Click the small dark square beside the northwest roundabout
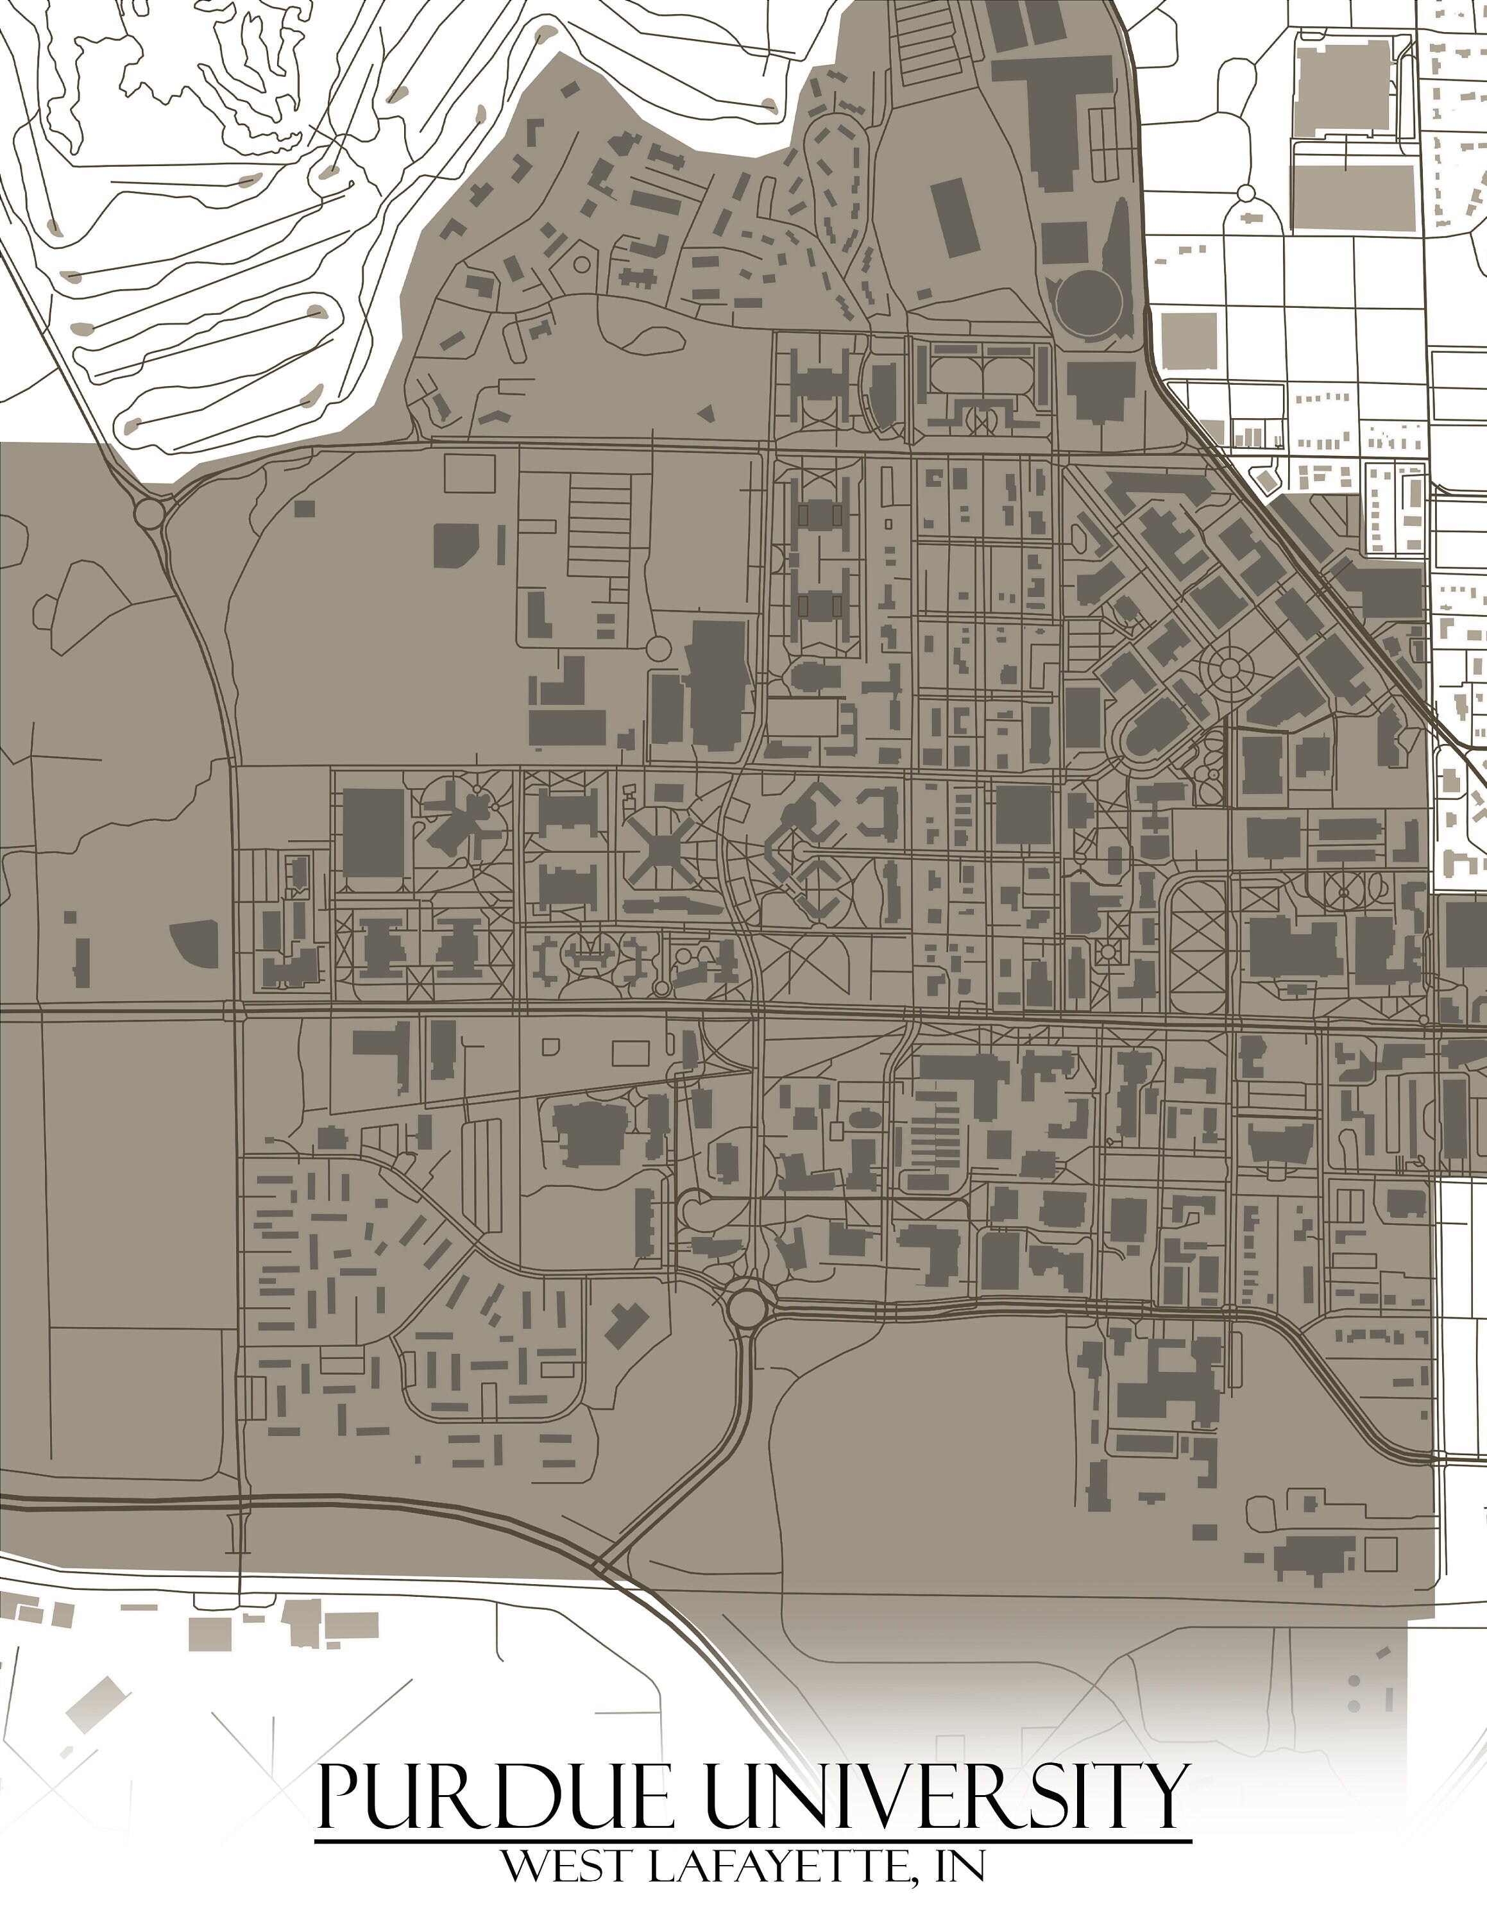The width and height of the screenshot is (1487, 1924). point(304,509)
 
